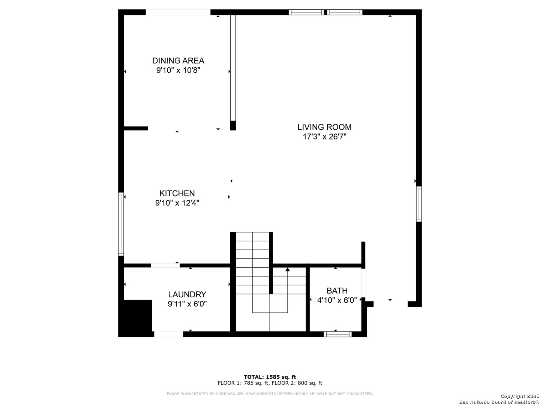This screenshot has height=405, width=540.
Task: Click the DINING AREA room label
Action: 178,60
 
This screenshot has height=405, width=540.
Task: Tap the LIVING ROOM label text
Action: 324,127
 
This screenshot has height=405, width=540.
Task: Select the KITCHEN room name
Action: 177,193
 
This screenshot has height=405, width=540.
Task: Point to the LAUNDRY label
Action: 187,294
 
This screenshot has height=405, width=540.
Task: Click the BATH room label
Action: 337,290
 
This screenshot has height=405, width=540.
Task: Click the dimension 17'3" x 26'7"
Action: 324,136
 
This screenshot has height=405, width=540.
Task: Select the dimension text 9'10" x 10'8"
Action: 178,70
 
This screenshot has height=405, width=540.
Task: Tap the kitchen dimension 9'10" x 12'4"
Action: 177,203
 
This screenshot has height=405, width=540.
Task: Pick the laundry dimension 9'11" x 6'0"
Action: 187,304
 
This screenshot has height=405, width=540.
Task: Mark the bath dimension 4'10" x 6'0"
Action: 337,300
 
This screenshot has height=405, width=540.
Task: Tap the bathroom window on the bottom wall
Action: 337,334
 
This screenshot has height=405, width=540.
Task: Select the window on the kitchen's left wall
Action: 121,224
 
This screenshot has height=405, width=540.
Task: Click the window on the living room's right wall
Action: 419,204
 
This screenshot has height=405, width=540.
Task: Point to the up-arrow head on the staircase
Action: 287,269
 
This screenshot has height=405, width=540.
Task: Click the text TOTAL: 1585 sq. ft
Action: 270,377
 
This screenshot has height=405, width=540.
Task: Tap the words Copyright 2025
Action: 520,396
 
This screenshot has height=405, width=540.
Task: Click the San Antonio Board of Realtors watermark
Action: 499,402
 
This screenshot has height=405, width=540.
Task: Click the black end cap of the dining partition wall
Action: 233,125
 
